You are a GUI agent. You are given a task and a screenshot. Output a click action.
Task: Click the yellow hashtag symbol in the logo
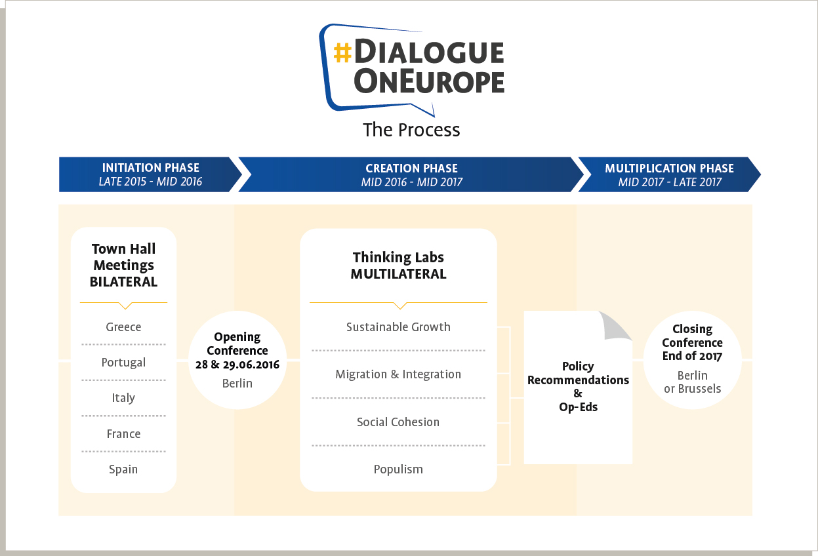click(342, 52)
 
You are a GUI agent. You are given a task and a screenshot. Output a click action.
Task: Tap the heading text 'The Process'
click(411, 130)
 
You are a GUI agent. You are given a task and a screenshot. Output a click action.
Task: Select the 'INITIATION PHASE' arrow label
click(151, 168)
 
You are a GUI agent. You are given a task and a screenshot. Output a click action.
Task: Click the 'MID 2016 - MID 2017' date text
click(411, 182)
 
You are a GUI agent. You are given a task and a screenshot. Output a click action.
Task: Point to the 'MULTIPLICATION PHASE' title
click(669, 168)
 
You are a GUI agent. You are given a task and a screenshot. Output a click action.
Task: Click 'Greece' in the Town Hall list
click(123, 327)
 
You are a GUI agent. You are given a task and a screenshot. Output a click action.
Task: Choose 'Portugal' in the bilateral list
click(123, 363)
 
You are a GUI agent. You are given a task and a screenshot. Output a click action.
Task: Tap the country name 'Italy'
click(123, 397)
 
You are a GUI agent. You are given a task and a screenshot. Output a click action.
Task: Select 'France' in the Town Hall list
click(123, 433)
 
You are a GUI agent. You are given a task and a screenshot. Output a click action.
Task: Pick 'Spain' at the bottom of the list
click(123, 469)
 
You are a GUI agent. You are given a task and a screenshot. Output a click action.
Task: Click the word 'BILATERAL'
click(123, 282)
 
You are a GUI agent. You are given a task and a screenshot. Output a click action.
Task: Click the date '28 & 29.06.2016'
click(237, 365)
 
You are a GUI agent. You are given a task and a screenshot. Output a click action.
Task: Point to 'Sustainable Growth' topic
click(398, 327)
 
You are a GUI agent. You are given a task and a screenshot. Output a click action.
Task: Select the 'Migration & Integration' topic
click(398, 374)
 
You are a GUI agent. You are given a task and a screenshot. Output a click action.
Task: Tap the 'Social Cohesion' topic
click(398, 422)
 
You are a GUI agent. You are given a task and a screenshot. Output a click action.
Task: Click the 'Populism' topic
click(398, 469)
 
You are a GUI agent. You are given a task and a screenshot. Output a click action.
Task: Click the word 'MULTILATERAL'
click(398, 274)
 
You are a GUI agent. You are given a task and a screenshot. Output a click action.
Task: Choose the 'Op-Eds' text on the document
click(578, 407)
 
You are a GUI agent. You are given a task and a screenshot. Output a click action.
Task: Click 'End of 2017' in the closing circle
click(692, 355)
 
